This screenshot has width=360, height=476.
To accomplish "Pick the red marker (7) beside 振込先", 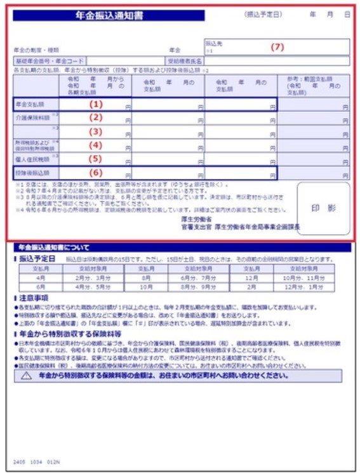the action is pyautogui.click(x=277, y=47).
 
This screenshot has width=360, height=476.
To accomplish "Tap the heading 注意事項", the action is pyautogui.click(x=31, y=298).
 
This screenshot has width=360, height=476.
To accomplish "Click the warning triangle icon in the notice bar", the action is pyautogui.click(x=25, y=376).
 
